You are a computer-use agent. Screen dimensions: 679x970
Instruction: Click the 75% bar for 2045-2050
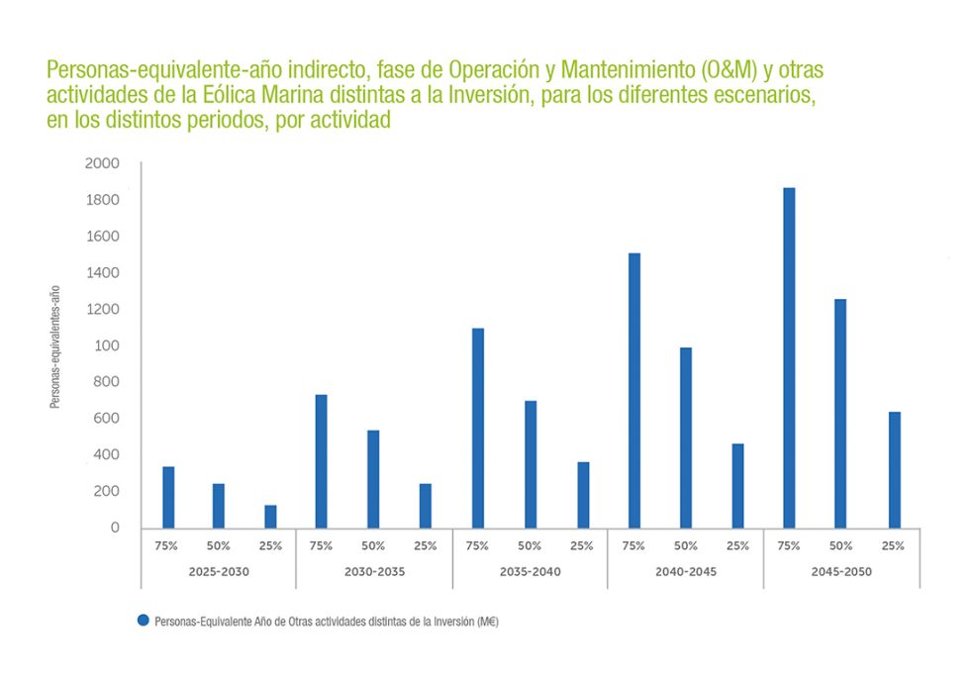[x=789, y=357]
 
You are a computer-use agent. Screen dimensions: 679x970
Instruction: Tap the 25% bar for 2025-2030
[x=270, y=517]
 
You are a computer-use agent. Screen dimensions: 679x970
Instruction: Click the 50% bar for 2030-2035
[x=373, y=479]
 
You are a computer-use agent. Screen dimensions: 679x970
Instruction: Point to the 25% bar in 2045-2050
[x=895, y=470]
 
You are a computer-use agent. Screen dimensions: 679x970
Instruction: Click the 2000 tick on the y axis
[x=102, y=163]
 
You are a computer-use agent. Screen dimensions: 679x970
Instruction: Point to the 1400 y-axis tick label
[x=102, y=273]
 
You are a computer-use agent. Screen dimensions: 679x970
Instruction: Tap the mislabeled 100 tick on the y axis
[x=106, y=345]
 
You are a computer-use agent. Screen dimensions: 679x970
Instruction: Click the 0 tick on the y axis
[x=115, y=528]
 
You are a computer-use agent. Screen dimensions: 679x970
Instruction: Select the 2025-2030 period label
[x=219, y=572]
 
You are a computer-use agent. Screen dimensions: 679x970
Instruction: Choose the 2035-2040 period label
[x=530, y=572]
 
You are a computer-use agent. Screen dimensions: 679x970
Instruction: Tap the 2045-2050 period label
[x=841, y=572]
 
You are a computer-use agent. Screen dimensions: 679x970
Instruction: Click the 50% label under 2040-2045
[x=685, y=545]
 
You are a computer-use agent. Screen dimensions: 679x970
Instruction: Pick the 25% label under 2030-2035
[x=426, y=545]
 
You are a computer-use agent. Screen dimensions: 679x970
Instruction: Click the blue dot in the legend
[x=144, y=620]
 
